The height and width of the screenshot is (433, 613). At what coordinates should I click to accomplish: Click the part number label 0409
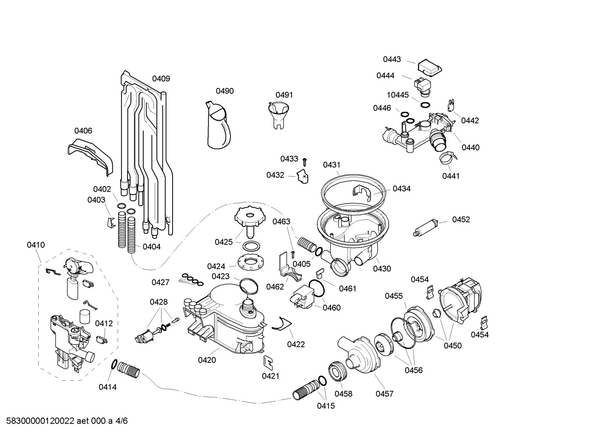click(161, 79)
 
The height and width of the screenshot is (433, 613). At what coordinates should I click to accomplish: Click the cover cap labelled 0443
click(429, 67)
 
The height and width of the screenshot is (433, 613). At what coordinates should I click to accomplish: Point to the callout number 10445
click(397, 95)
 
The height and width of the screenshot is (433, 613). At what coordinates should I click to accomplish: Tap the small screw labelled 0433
click(305, 161)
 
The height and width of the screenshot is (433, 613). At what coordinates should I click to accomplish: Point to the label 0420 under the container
click(207, 360)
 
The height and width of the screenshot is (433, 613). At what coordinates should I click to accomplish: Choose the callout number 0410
click(36, 245)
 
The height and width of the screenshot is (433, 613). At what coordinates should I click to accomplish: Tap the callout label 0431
click(332, 165)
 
